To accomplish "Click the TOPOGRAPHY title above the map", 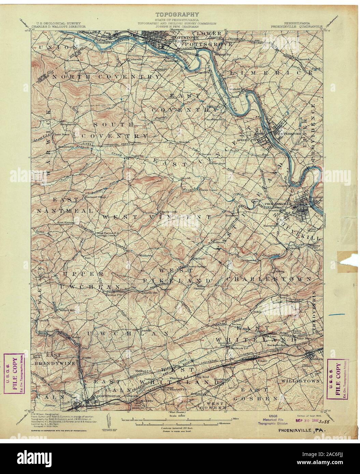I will coord(177,14).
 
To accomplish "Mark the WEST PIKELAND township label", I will coord(184,275).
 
